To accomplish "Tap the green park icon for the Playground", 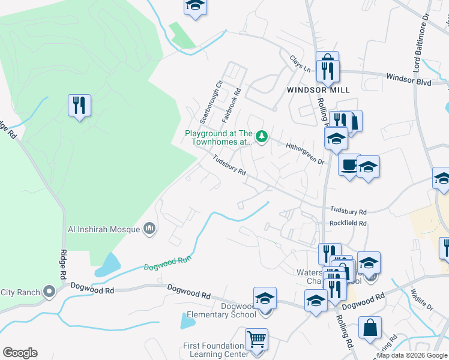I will click(262, 137).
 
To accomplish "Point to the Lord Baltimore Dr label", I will click(423, 41).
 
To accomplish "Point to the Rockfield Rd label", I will click(348, 223).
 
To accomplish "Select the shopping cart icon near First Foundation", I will click(257, 338).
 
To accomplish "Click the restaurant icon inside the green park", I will click(79, 106).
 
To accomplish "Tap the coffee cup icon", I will click(349, 163).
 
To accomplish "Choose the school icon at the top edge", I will click(194, 5).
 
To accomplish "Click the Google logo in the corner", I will click(20, 353).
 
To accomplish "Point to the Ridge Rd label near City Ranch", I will click(62, 265).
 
